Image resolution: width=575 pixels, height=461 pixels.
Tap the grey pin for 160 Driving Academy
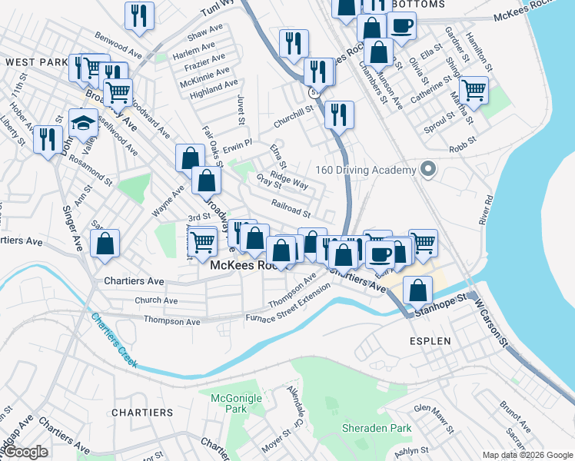point(428,170)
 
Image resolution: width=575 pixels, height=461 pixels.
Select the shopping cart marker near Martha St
point(474,90)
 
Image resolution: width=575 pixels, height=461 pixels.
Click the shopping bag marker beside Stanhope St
point(417,290)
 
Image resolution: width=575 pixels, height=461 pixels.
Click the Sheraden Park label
point(377,428)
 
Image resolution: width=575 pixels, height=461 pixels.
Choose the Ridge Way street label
point(289,181)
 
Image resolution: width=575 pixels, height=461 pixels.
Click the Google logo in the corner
point(26,452)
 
